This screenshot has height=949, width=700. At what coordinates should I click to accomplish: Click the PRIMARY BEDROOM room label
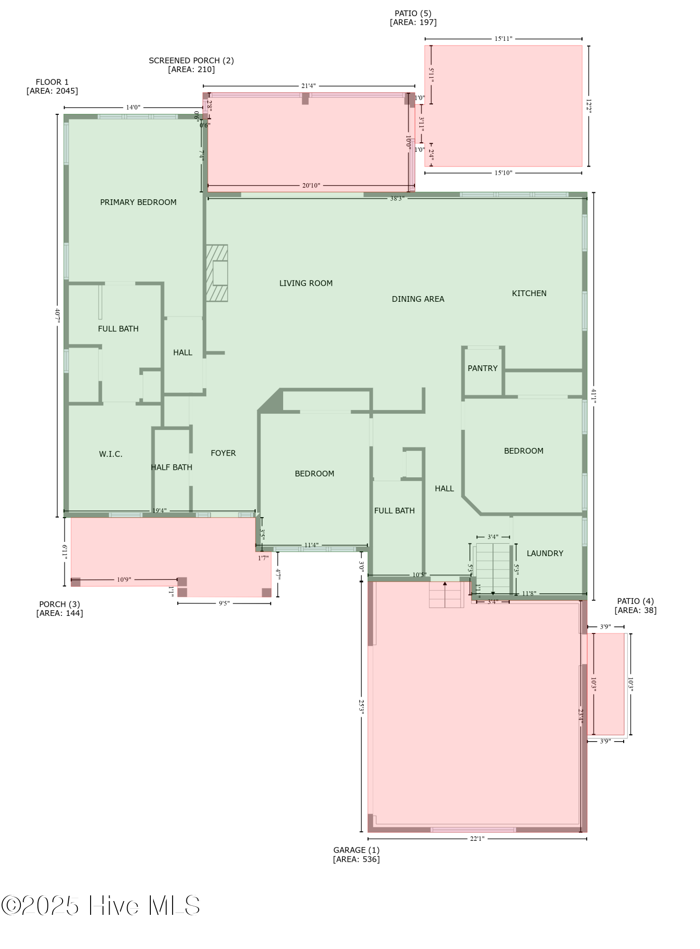138,202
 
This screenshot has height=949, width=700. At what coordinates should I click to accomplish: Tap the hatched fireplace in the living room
217,273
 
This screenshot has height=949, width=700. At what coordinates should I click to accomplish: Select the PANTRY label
482,368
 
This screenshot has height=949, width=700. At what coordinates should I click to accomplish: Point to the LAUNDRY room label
544,553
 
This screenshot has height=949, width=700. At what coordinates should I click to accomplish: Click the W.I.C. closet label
111,454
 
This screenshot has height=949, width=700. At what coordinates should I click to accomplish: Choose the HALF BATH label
171,467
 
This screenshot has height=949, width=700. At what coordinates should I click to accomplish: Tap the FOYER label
223,453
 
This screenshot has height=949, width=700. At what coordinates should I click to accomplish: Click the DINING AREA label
418,299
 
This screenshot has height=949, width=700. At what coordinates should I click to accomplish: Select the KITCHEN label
529,293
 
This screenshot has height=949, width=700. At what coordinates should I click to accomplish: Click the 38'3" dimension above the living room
396,198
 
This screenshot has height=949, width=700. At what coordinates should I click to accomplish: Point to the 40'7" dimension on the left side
57,316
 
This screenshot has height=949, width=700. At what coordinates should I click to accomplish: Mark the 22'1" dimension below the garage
477,838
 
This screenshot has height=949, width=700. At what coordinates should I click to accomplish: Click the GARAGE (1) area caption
356,855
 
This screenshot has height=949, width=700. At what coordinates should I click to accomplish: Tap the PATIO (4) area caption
635,605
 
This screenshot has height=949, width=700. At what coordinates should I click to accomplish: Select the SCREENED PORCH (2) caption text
191,65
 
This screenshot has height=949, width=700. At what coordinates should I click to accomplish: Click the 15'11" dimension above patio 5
503,38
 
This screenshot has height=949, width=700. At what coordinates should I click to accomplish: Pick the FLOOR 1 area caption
52,86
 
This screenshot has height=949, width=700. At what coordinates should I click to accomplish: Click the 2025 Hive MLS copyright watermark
101,905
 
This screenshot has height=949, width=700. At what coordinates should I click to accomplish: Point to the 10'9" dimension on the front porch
124,579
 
